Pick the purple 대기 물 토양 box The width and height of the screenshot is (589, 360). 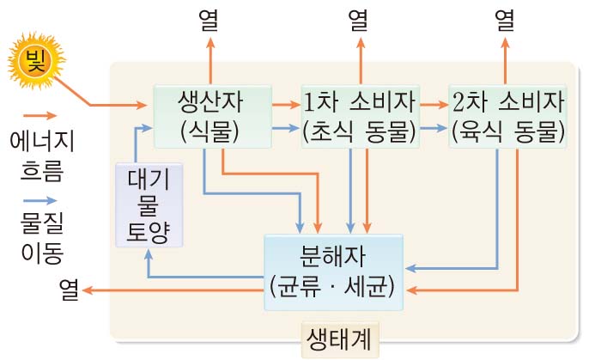(148, 204)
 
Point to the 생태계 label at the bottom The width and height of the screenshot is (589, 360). (339, 338)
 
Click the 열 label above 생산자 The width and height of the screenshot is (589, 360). (210, 19)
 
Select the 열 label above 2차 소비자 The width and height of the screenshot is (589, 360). (507, 19)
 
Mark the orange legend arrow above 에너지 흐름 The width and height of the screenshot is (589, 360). (38, 114)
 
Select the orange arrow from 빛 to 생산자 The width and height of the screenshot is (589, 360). (112, 106)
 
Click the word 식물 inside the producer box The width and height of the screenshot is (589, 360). (210, 132)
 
